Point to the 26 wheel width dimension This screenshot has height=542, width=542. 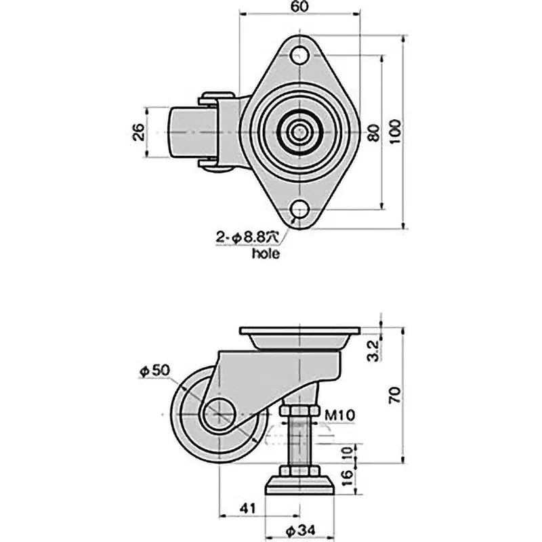[136, 133]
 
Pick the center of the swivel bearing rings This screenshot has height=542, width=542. [299, 133]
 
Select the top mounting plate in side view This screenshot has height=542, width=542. [299, 333]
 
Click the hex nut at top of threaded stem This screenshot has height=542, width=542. [299, 411]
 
